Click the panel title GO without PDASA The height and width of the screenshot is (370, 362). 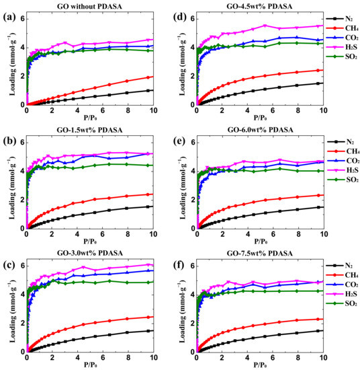pyautogui.click(x=90, y=6)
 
